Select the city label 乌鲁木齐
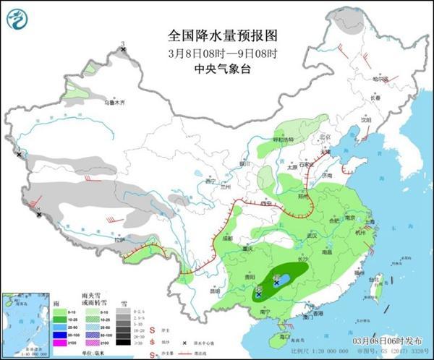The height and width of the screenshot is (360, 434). click(x=116, y=103)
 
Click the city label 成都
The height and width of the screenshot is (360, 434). click(x=229, y=237)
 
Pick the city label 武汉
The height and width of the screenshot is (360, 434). click(x=313, y=236)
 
